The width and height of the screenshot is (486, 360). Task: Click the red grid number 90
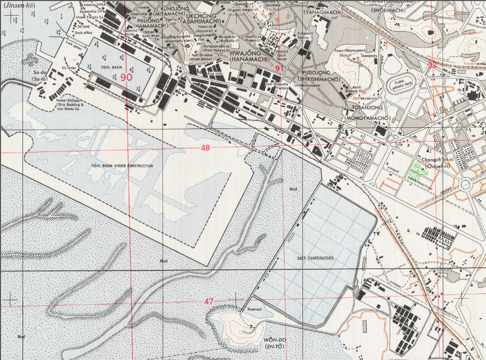pos(126,77)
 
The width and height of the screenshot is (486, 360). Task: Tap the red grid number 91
pos(279,69)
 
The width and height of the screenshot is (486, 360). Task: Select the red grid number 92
pos(432,65)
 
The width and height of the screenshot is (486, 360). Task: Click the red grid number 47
pos(209,302)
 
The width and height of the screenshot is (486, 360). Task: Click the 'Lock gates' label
pos(73,44)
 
